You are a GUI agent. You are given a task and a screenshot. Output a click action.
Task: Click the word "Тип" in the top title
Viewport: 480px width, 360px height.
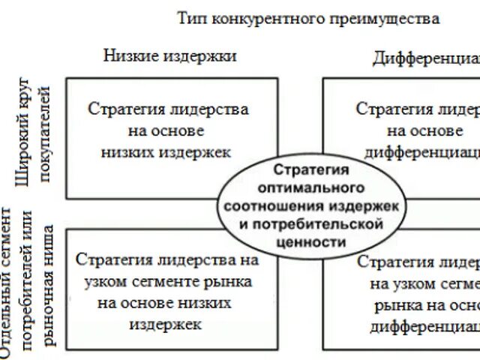tap(190, 17)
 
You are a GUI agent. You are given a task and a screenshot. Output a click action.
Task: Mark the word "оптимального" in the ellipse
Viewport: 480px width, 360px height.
tap(312, 184)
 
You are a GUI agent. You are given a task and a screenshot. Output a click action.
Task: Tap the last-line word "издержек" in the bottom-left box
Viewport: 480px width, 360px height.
tap(165, 325)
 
